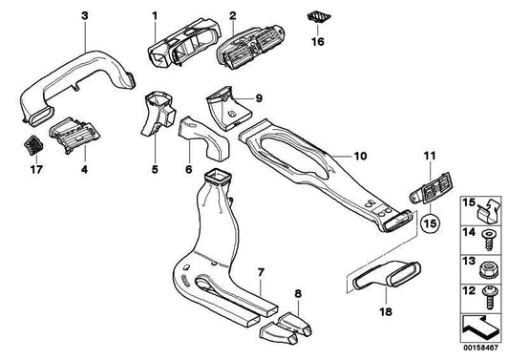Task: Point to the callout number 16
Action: pos(320,42)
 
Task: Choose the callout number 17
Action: pos(36,171)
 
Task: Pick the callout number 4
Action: pos(84,171)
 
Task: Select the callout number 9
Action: pos(258,98)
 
